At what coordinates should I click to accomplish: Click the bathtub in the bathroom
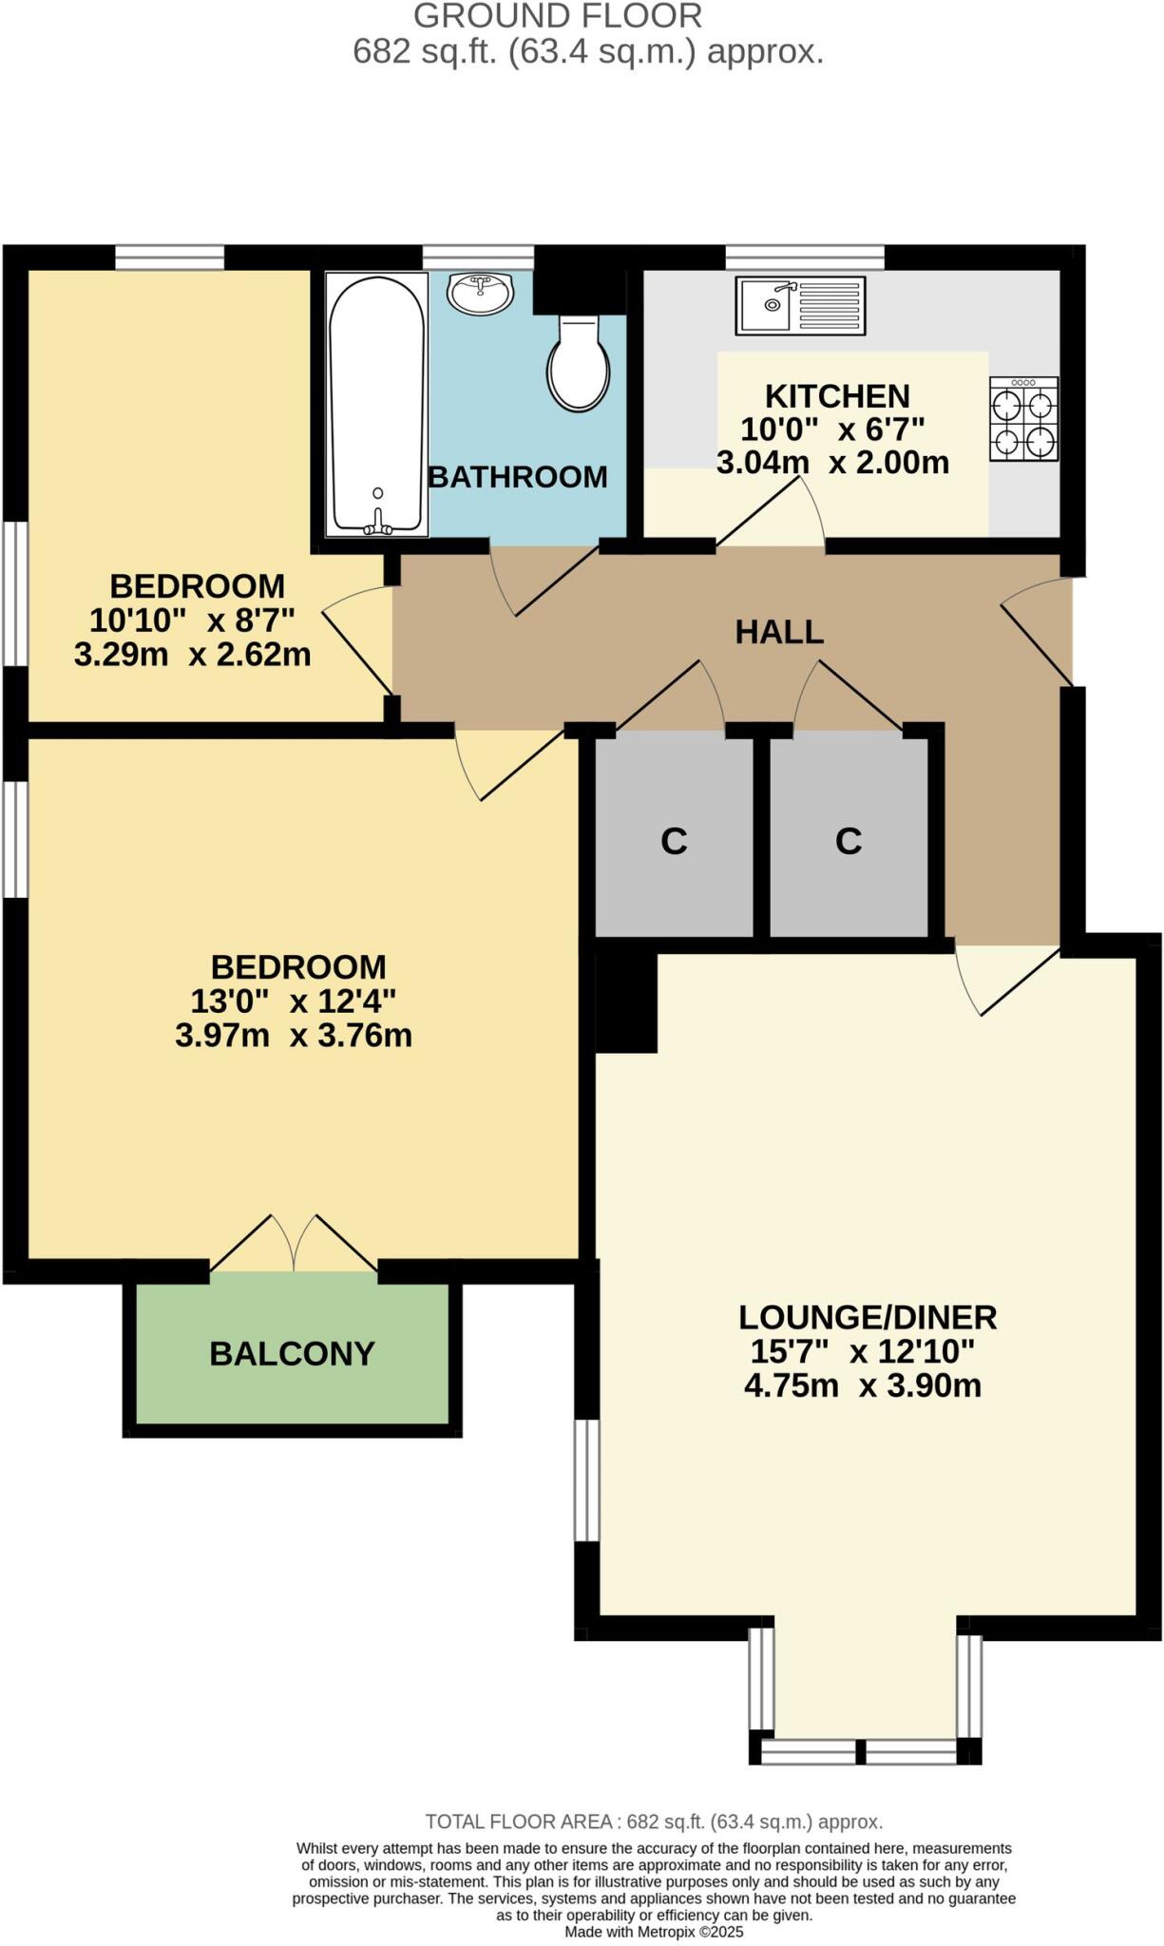pyautogui.click(x=377, y=404)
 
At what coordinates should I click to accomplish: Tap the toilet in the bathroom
pyautogui.click(x=579, y=367)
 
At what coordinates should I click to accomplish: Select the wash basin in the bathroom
pyautogui.click(x=481, y=293)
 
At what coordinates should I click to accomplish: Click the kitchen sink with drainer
pyautogui.click(x=800, y=306)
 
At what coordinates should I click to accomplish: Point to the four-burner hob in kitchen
pyautogui.click(x=1023, y=419)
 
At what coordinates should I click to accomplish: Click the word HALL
pyautogui.click(x=779, y=632)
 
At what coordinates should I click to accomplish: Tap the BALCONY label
pyautogui.click(x=292, y=1353)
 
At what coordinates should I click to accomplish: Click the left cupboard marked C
pyautogui.click(x=674, y=841)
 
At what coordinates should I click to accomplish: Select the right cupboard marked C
pyautogui.click(x=849, y=841)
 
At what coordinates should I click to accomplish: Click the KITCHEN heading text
pyautogui.click(x=837, y=395)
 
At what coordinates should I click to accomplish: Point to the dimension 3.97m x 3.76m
pyautogui.click(x=294, y=1035)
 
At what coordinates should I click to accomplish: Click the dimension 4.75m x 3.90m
pyautogui.click(x=863, y=1385)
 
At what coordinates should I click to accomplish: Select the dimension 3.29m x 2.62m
pyautogui.click(x=193, y=654)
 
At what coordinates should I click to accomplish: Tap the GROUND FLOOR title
pyautogui.click(x=558, y=16)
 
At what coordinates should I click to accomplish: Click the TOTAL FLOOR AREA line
pyautogui.click(x=654, y=1822)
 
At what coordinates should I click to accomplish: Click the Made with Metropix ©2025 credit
pyautogui.click(x=654, y=1932)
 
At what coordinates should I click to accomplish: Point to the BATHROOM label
pyautogui.click(x=518, y=476)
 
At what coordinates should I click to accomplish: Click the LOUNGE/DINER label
pyautogui.click(x=868, y=1317)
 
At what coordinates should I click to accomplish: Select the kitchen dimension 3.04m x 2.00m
pyautogui.click(x=832, y=463)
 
